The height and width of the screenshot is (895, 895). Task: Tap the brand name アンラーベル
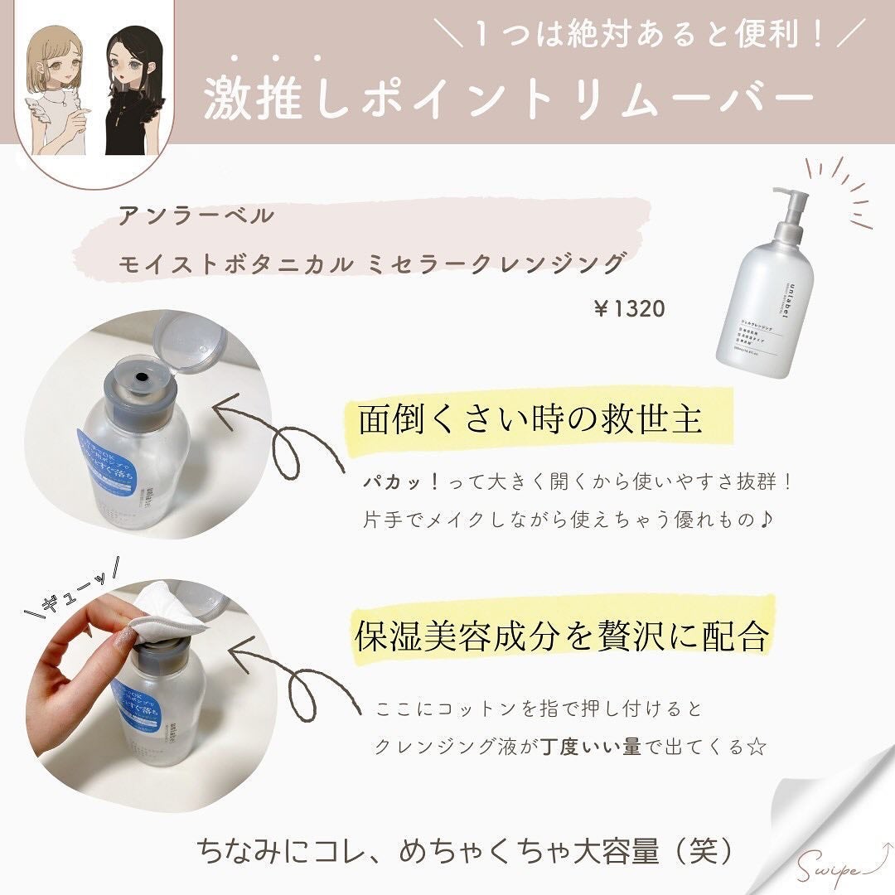(196, 217)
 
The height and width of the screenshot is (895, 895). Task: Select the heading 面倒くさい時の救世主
(530, 419)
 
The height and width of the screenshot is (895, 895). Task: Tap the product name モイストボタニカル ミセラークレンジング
(370, 264)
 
